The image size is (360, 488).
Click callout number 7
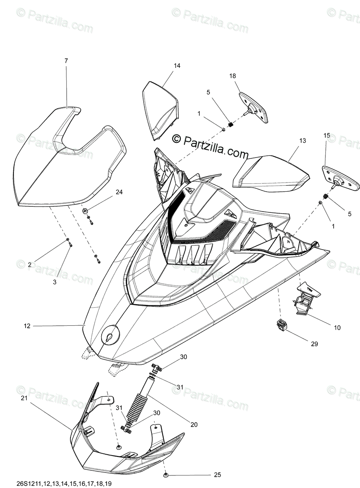[66, 61]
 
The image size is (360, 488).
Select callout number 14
[177, 66]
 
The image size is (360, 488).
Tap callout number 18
[233, 76]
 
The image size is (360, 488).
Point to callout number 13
[302, 141]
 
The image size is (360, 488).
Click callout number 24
[119, 192]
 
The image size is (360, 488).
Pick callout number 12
[27, 326]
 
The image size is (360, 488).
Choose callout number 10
[337, 327]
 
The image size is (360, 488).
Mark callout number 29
[315, 344]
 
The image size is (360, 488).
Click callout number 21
[24, 398]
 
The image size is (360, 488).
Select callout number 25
[217, 475]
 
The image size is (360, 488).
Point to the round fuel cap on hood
[108, 334]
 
